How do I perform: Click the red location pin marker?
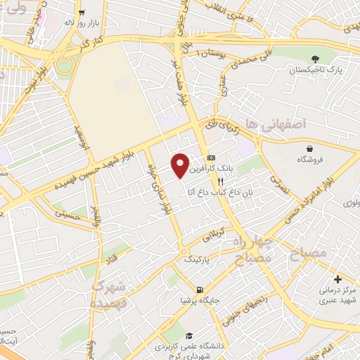point(181,165)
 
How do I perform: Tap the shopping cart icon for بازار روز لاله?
point(82,13)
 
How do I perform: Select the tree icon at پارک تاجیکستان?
point(314,60)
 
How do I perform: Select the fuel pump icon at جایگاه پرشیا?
point(201,290)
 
